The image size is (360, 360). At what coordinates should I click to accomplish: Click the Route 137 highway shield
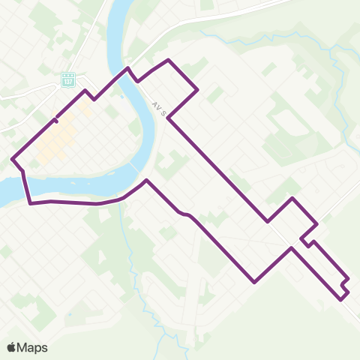tap(68, 79)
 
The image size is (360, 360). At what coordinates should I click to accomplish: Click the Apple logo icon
tap(11, 348)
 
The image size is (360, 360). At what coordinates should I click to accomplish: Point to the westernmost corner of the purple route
tap(13, 158)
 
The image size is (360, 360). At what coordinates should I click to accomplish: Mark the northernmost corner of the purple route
tap(168, 59)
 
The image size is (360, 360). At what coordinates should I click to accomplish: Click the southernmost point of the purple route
tap(343, 298)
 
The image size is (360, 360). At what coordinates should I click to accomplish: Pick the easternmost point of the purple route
tap(349, 280)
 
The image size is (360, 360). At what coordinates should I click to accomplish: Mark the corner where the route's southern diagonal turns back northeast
tap(255, 282)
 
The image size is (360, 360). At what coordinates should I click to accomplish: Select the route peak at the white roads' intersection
tap(292, 199)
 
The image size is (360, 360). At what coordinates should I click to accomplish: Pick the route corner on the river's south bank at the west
tap(30, 202)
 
